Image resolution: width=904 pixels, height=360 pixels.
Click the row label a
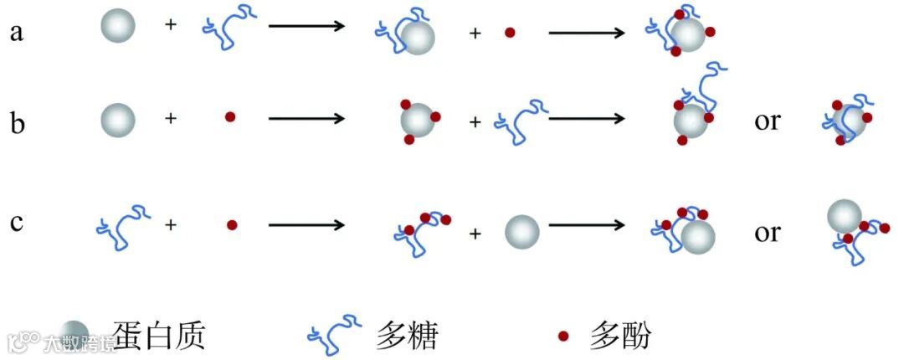(17, 33)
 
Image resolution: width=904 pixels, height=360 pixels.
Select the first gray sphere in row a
(118, 27)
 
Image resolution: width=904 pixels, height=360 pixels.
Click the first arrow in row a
(306, 26)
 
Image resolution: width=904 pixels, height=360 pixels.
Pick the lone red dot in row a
(510, 33)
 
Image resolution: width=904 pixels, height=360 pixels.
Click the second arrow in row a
(587, 33)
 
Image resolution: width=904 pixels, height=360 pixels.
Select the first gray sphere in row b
(118, 120)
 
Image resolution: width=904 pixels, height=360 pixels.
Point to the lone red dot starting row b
(230, 118)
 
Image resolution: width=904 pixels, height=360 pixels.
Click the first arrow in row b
(306, 118)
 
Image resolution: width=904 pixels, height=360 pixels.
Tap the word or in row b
(767, 121)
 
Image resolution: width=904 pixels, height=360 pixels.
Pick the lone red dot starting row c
(233, 224)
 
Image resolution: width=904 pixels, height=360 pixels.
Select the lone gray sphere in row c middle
(523, 231)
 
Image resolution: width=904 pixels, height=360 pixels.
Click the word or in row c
(767, 232)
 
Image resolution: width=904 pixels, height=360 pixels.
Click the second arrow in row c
(587, 225)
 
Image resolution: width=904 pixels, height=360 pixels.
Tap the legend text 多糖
(407, 337)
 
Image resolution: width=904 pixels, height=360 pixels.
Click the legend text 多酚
(619, 337)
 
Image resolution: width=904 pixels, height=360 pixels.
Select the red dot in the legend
(564, 337)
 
